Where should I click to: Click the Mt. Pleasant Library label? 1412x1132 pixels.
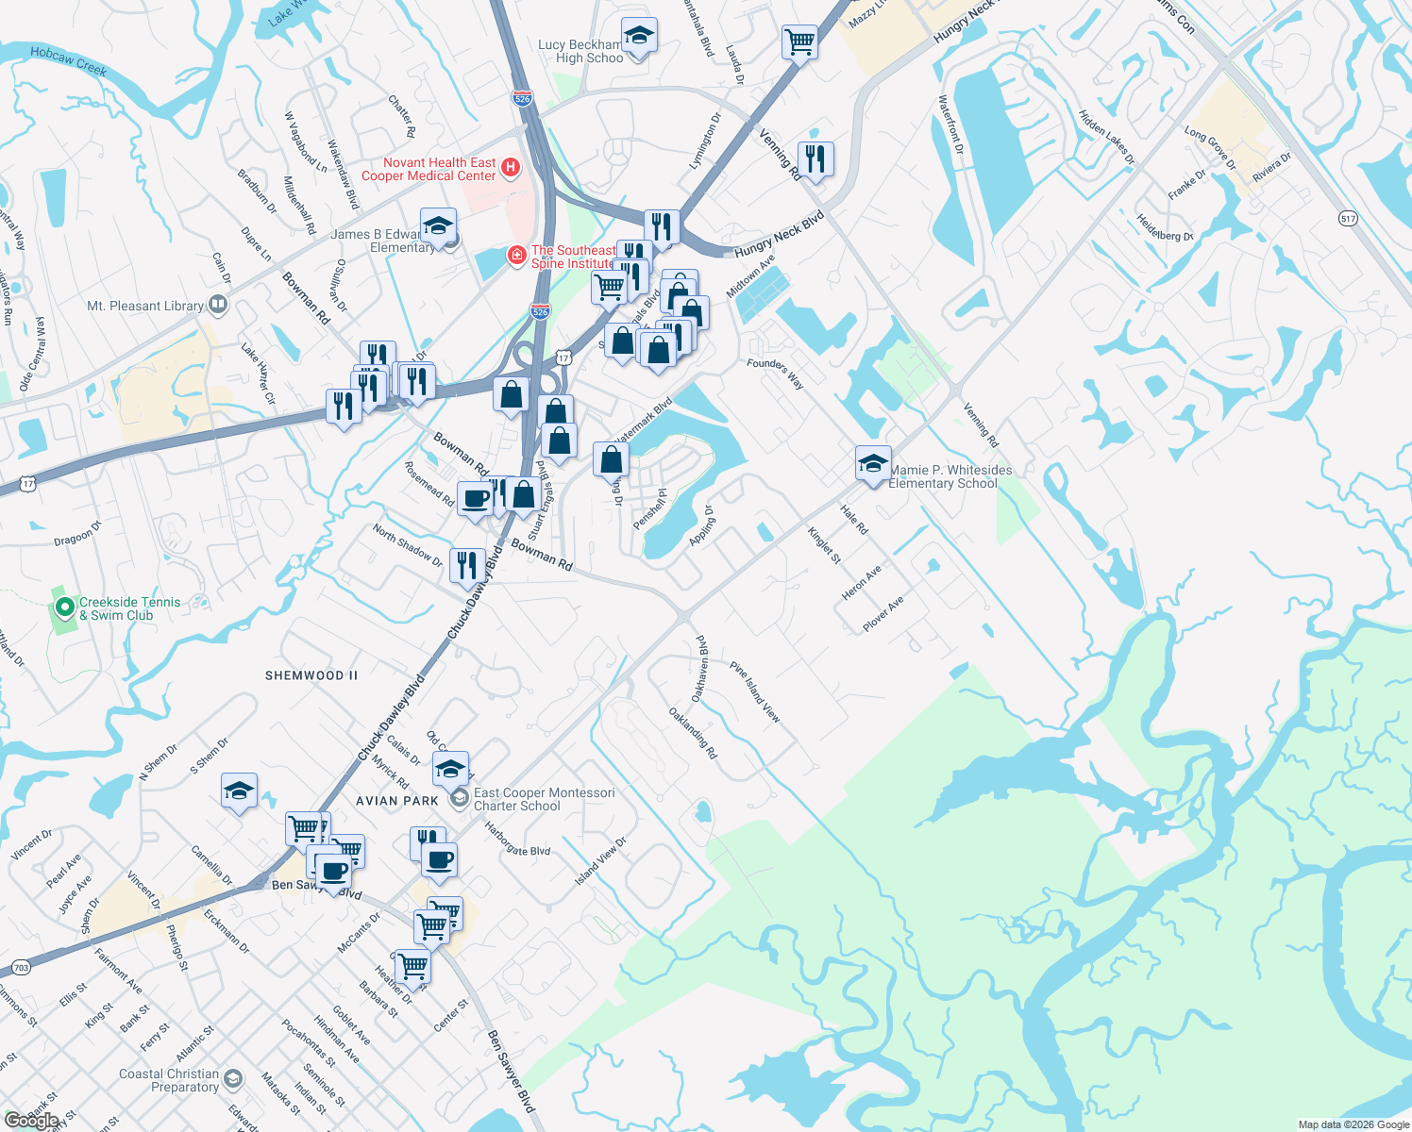(144, 306)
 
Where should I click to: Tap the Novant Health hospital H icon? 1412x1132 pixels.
(511, 168)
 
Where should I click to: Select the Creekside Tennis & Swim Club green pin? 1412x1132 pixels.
(64, 608)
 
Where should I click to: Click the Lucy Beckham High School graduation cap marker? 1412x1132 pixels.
(639, 37)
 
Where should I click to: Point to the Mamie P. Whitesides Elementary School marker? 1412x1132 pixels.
(873, 464)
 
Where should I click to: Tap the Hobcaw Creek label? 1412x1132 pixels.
(68, 61)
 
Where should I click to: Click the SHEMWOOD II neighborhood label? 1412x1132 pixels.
(311, 675)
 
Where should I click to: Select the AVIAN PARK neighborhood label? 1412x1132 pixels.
(397, 801)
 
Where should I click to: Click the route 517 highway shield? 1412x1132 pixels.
(1347, 219)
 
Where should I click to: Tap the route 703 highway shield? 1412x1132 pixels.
(21, 968)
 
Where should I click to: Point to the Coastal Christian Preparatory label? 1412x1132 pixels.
(170, 1080)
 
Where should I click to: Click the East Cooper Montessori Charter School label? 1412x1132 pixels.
(544, 799)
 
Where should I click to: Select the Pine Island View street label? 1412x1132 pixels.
(755, 691)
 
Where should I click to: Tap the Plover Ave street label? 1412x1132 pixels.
(883, 614)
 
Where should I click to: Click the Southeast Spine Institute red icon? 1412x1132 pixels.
(515, 256)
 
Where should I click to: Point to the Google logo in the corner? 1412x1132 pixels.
(31, 1120)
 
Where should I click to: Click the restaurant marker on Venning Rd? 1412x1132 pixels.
(815, 159)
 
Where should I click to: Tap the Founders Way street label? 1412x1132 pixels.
(775, 374)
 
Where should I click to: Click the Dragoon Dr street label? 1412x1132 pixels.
(76, 535)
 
